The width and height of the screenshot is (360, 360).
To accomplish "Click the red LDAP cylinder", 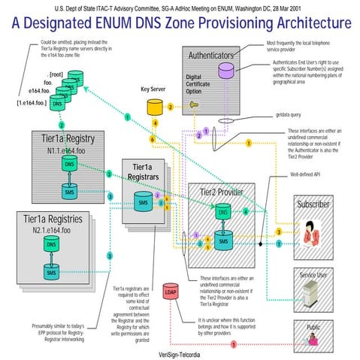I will (171, 293).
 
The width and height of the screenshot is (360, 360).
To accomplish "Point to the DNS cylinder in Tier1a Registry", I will (69, 165).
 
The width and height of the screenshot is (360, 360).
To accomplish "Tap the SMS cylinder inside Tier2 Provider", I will (223, 241).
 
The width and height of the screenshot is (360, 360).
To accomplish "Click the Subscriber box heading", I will (313, 204).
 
